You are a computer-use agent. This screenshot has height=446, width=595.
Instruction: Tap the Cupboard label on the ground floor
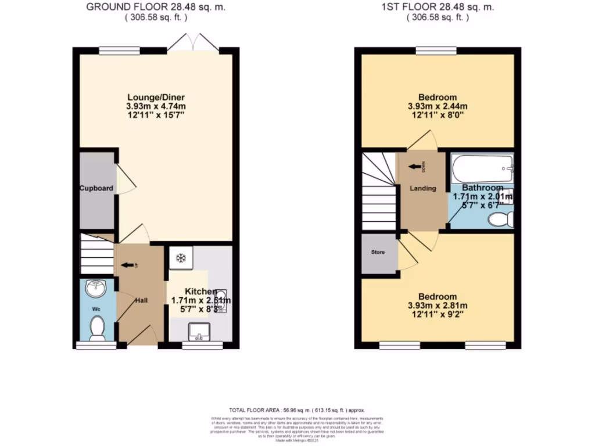(x=96, y=188)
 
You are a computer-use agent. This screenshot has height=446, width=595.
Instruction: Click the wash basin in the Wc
(x=95, y=288)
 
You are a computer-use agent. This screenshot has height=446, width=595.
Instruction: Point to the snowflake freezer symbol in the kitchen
(x=180, y=257)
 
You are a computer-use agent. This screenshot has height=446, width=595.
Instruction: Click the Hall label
(x=141, y=300)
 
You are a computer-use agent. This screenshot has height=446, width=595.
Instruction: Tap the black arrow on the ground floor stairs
(x=124, y=266)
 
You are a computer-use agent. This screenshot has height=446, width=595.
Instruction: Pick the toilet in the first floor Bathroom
(x=500, y=219)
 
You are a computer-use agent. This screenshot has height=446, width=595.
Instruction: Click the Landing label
(x=422, y=188)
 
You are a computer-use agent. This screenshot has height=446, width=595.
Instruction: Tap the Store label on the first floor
(x=378, y=252)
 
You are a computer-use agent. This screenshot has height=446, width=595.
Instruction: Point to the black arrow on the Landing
(x=415, y=167)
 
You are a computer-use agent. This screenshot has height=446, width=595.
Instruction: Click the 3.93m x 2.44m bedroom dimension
(x=438, y=106)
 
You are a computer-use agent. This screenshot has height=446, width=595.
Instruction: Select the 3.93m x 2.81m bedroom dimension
(x=438, y=305)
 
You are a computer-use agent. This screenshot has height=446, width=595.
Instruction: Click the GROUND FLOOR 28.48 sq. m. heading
(x=156, y=8)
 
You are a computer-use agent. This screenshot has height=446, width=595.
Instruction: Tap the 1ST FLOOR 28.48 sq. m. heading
(x=438, y=8)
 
